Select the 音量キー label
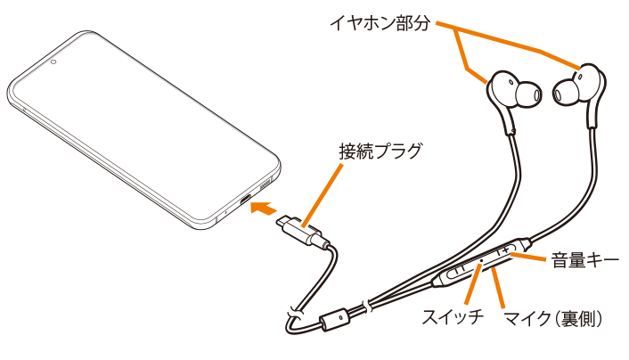[x=584, y=261]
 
